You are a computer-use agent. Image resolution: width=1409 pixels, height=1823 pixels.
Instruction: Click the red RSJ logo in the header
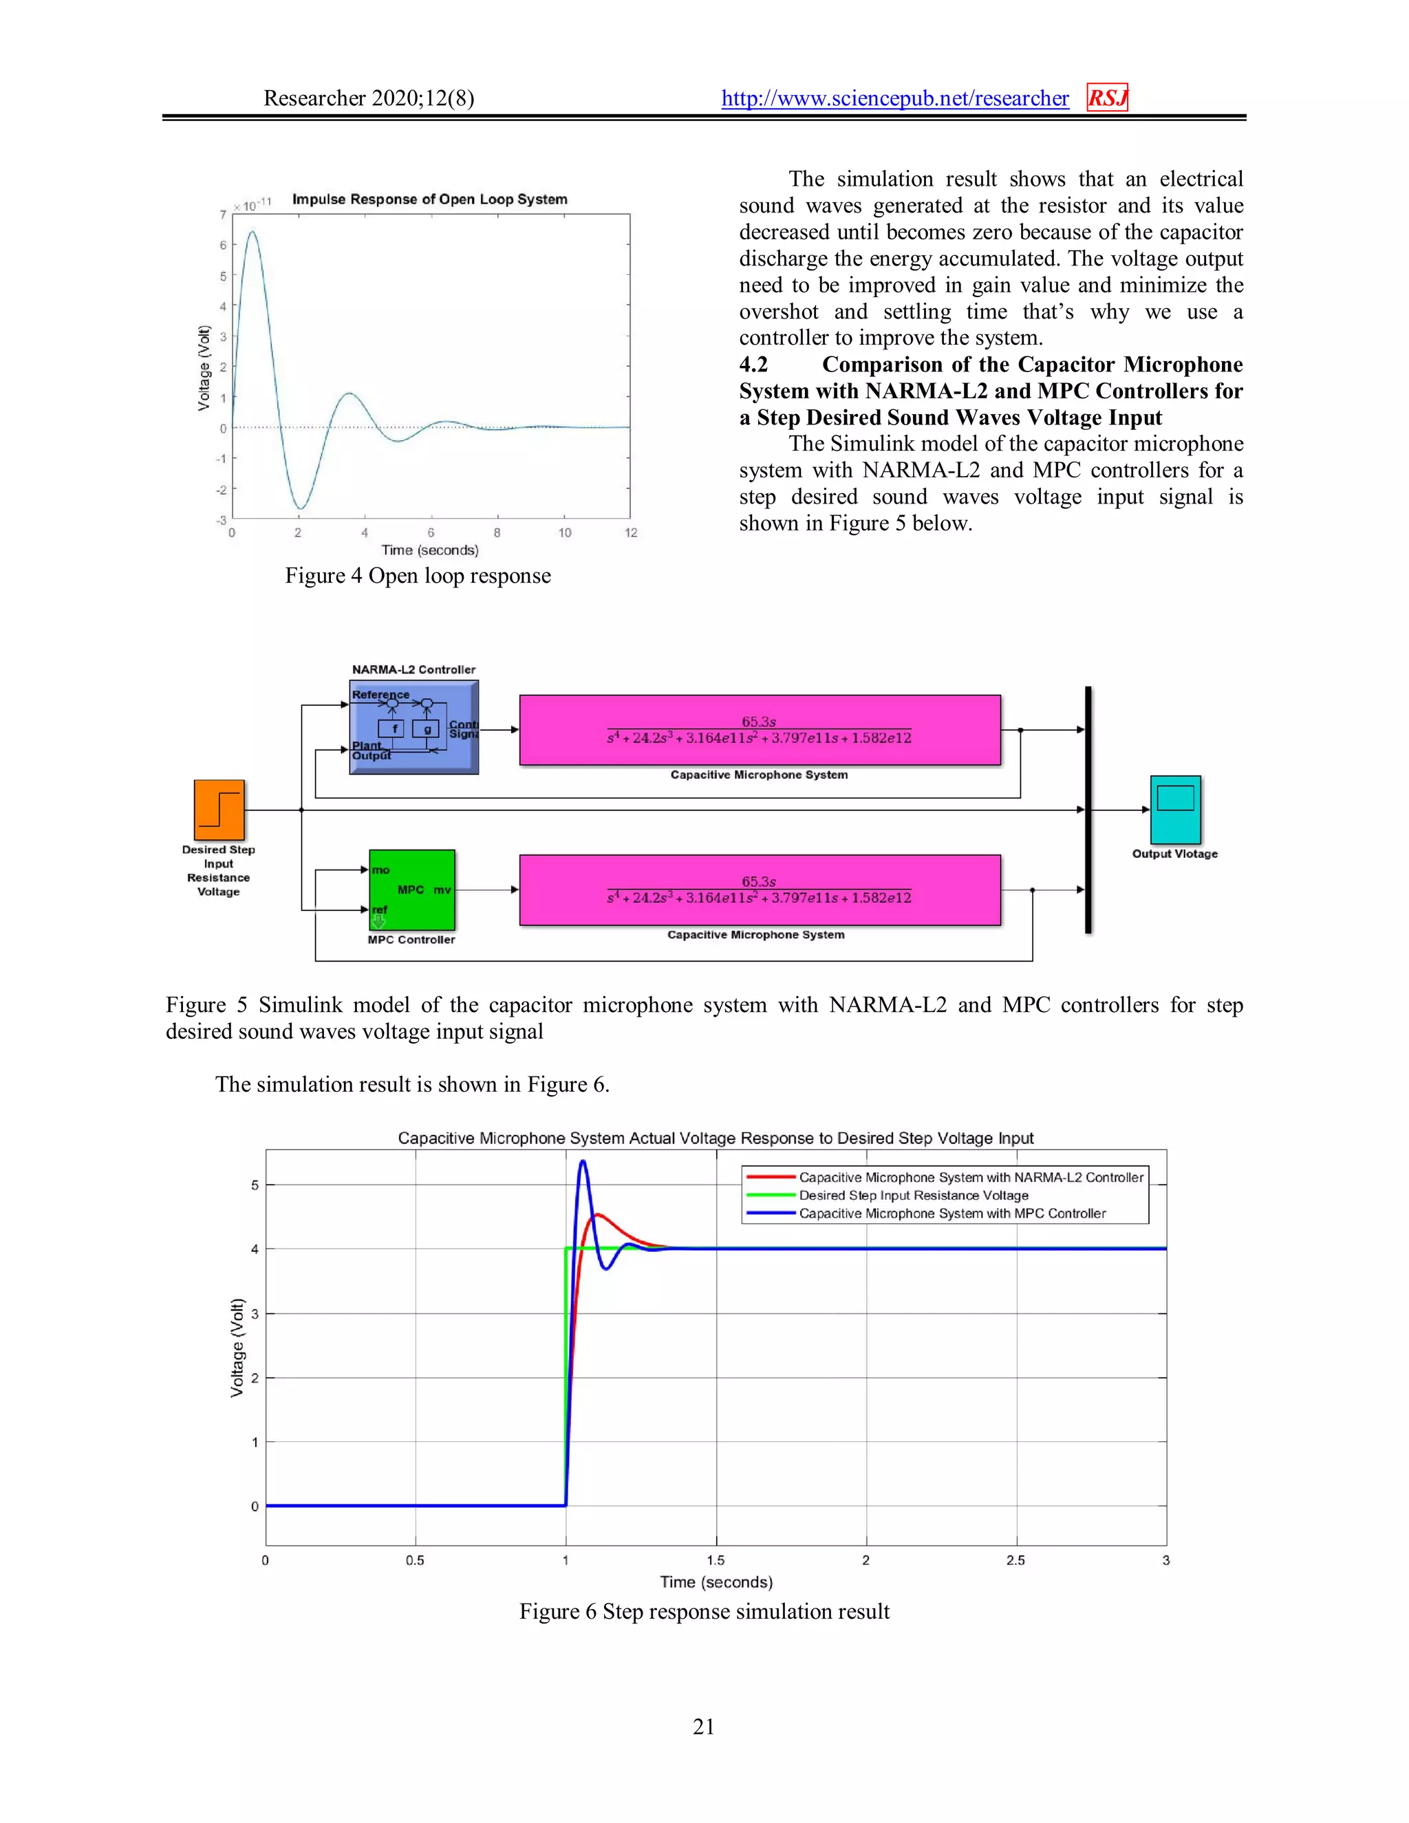tap(1107, 98)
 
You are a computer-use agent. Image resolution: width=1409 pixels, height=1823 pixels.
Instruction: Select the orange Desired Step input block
tap(219, 810)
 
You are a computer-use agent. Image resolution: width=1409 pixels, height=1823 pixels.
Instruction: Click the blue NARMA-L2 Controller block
tap(414, 727)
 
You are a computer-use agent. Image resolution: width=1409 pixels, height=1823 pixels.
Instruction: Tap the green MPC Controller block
tap(411, 889)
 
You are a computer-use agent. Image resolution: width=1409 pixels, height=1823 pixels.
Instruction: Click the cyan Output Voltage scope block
tap(1175, 809)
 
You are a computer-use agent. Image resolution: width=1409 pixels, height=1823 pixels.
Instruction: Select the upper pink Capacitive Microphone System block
tap(760, 729)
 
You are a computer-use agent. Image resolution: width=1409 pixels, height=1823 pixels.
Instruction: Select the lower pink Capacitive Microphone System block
tap(760, 889)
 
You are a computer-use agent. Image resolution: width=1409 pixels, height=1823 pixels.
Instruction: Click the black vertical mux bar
tap(1088, 810)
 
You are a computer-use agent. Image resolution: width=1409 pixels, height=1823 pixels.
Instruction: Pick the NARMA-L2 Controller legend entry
tap(971, 1177)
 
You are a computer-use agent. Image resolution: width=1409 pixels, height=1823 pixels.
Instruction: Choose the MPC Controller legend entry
tap(951, 1213)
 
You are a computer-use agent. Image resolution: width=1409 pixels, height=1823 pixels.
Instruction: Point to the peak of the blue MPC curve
tap(583, 1161)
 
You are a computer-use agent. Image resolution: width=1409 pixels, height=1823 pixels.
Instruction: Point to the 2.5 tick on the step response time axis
tap(1016, 1560)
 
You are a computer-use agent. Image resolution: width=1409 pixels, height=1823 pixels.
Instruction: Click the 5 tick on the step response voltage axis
tap(255, 1185)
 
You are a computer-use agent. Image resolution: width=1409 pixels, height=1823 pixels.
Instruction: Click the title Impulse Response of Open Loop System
tap(429, 199)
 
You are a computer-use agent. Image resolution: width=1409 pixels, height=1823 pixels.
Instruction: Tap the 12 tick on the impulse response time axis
tap(631, 532)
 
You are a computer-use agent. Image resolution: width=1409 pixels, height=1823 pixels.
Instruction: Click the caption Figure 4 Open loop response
tap(418, 576)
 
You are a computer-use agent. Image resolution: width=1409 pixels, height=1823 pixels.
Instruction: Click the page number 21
tap(704, 1726)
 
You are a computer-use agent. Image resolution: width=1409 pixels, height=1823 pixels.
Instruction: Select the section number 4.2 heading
tap(754, 365)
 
